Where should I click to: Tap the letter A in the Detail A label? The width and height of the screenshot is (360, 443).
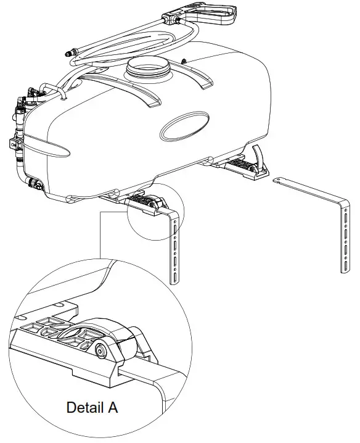tap(111, 408)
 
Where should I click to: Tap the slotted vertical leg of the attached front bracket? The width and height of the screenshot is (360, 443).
tap(175, 247)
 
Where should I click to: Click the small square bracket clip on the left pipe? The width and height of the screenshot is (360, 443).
tap(13, 144)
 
